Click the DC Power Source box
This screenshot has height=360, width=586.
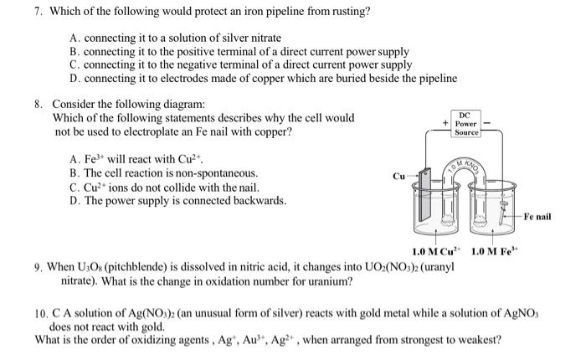pos(465,124)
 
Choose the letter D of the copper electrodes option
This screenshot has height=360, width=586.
pos(75,78)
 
